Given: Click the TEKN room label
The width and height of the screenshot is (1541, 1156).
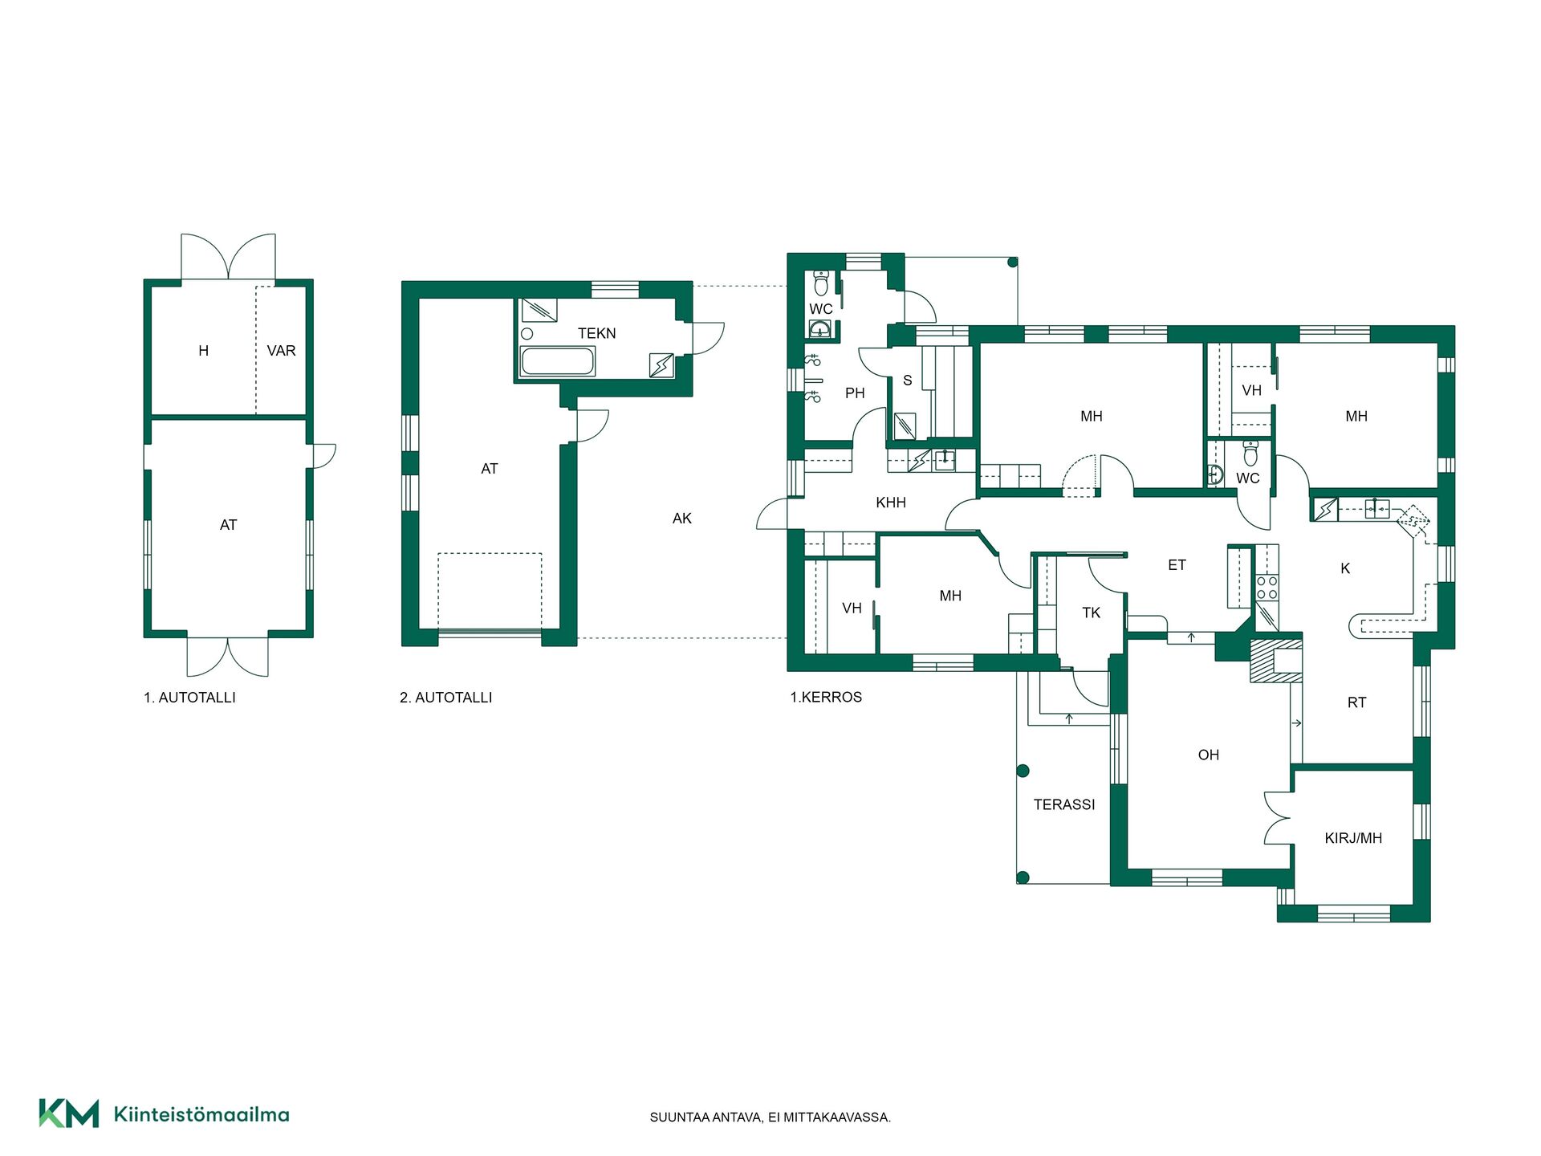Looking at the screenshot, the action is point(596,333).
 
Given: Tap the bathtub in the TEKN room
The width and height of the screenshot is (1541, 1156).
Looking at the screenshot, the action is point(558,361).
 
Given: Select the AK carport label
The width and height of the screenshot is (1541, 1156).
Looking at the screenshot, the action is point(681,519).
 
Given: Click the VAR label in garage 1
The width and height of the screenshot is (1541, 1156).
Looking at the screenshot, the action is point(281,351).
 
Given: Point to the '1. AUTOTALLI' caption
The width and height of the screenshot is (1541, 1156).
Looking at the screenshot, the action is point(189,698).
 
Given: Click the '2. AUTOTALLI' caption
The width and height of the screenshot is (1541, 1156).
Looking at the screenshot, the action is point(446,698).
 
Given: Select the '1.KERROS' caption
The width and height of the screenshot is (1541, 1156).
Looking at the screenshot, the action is point(826,697).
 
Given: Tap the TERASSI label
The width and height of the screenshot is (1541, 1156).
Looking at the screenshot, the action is point(1064,804).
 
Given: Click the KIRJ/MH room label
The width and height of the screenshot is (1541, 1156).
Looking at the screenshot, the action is point(1353,838).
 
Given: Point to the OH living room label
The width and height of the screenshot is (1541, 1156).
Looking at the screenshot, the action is point(1208,755).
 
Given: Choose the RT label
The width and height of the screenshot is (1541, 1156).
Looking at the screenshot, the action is point(1356,702).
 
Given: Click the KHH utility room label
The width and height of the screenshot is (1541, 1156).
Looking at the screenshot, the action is point(891,503).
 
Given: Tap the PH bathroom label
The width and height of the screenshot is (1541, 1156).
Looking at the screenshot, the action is point(855,393).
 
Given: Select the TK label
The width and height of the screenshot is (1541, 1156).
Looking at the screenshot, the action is point(1091,613).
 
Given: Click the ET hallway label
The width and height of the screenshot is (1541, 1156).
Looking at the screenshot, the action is point(1177,565).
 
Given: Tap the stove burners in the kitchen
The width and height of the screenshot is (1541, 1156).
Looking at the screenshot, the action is point(1267,588).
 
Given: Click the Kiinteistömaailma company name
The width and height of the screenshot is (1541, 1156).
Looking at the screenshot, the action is point(201,1114).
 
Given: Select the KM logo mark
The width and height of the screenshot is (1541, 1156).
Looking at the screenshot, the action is point(69,1113).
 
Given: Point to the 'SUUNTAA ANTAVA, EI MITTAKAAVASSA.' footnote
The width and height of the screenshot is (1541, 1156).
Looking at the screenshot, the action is point(770,1117).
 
